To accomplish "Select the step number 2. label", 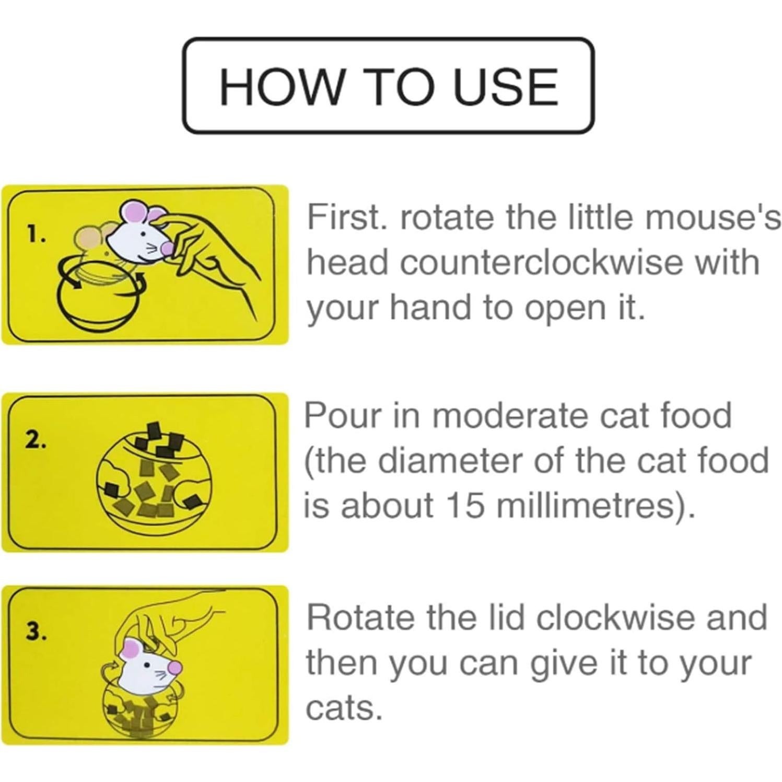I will [x=37, y=441].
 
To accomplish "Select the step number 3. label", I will [x=37, y=632].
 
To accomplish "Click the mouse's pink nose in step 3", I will [x=177, y=667].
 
